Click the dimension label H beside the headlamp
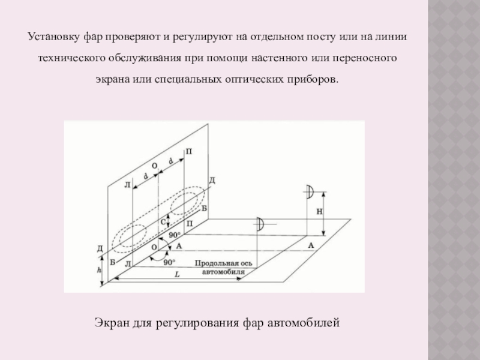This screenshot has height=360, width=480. (x=319, y=212)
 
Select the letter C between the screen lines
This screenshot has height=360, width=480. (x=163, y=223)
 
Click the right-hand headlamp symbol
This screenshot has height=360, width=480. (x=309, y=192)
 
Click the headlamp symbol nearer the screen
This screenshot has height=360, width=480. (x=260, y=224)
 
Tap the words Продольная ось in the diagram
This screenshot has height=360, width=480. (x=223, y=263)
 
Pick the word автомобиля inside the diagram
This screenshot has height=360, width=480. (x=223, y=271)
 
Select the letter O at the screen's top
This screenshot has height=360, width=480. (x=155, y=164)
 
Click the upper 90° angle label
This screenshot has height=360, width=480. (x=175, y=235)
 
